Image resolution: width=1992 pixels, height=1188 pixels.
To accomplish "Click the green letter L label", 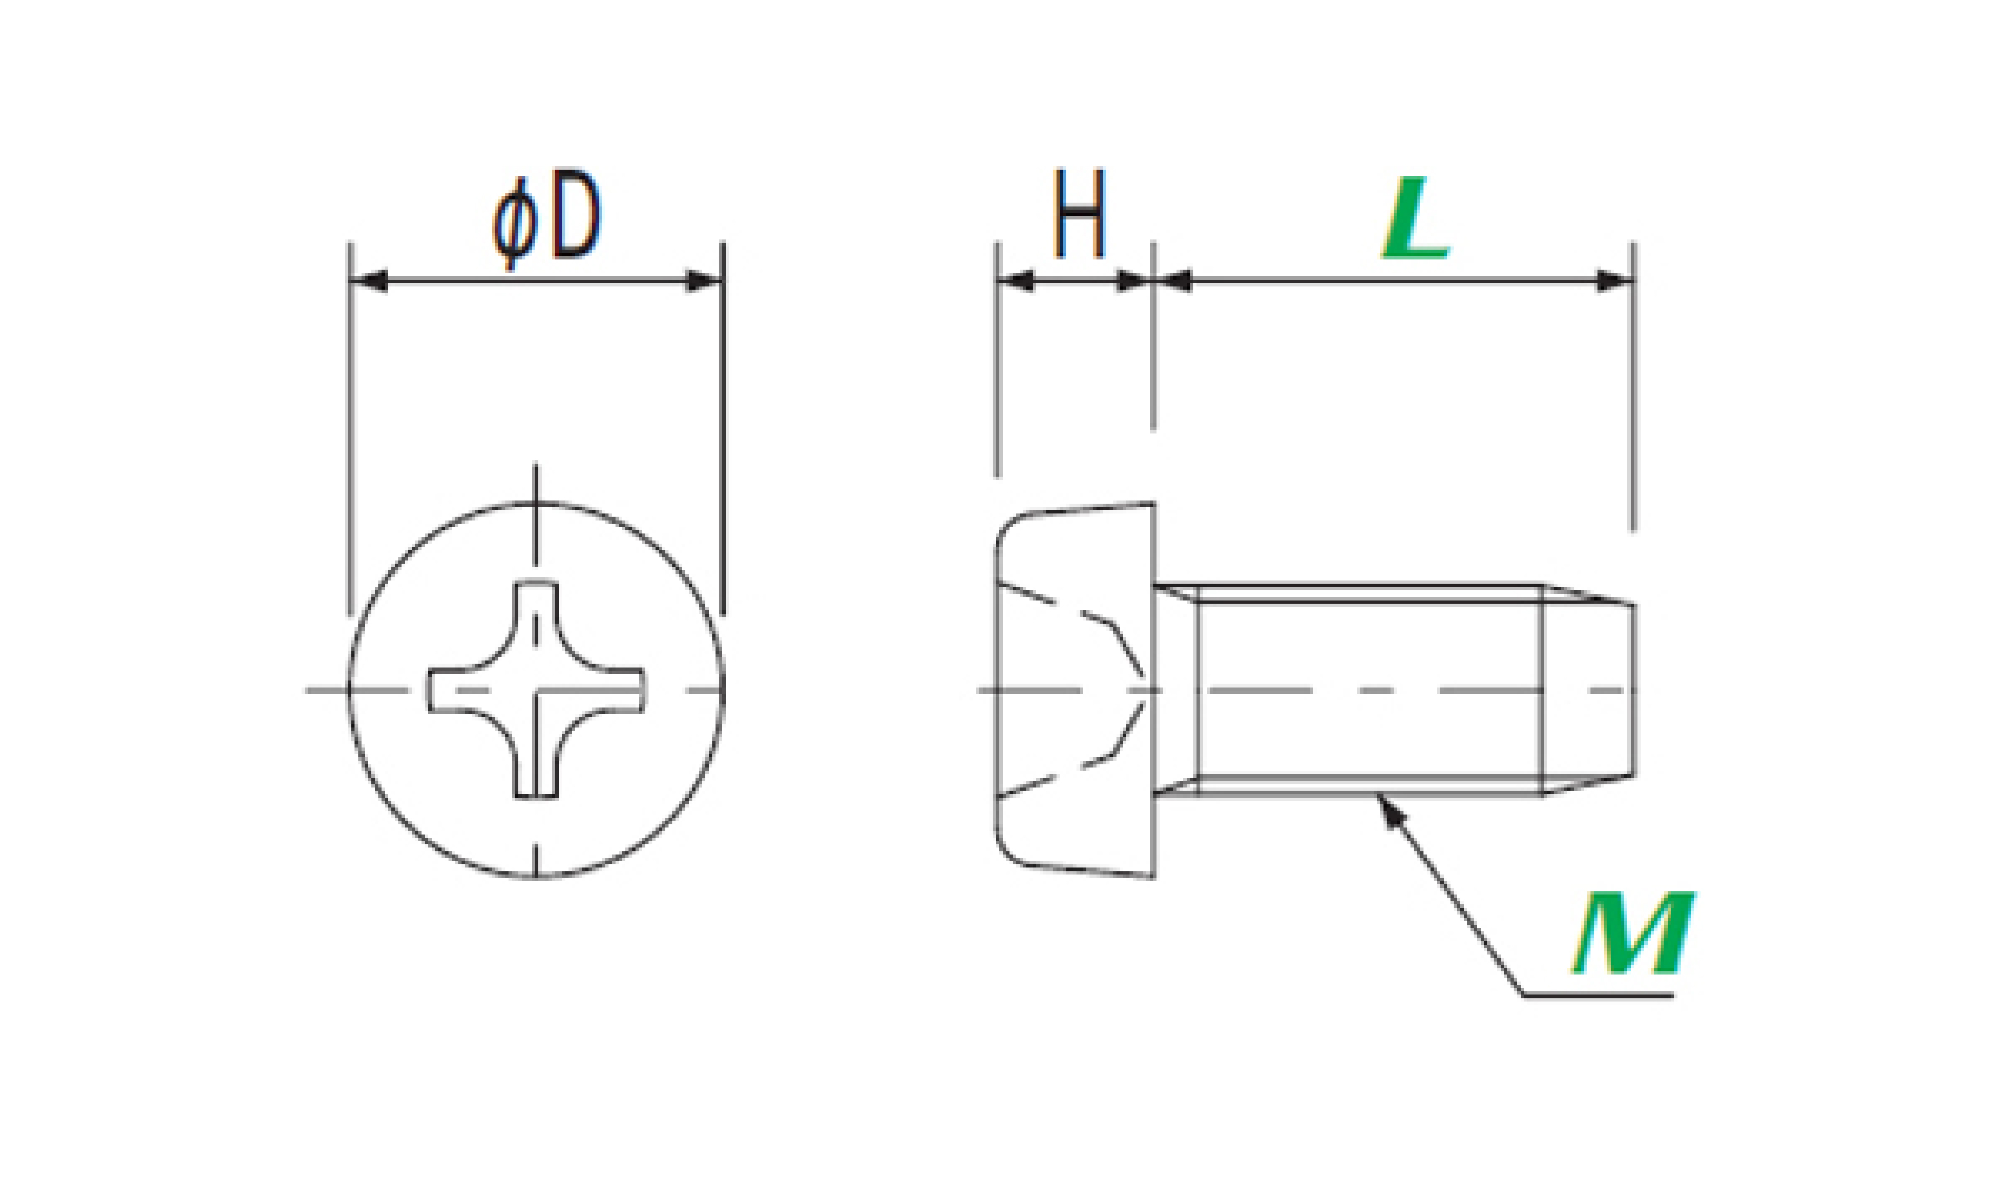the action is [x=1415, y=218].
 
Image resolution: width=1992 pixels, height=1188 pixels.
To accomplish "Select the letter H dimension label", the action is [x=1080, y=213].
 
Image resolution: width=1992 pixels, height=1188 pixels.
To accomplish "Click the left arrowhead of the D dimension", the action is [x=370, y=281].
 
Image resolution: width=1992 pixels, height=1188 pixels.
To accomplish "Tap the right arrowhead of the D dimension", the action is [x=704, y=281].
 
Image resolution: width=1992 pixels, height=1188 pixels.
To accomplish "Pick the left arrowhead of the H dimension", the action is [x=1015, y=281].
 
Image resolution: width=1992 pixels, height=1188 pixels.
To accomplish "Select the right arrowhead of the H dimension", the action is [x=1134, y=281].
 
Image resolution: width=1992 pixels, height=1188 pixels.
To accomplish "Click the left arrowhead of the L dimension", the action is [x=1173, y=281].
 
